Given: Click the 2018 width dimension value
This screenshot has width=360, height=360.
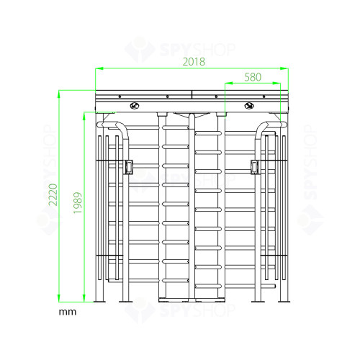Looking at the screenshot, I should pos(192,62).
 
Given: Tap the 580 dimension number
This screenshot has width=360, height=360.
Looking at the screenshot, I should pos(252,76).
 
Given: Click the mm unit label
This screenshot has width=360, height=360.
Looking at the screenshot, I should pos(68,313).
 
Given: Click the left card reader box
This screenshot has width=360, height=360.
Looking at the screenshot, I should pos(130,166).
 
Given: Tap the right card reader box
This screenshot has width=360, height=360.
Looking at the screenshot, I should pos(255,166).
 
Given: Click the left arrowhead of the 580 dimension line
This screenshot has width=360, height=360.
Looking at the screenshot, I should pos(227,83).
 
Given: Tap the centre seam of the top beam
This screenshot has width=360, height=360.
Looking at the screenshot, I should pos(192,94).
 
